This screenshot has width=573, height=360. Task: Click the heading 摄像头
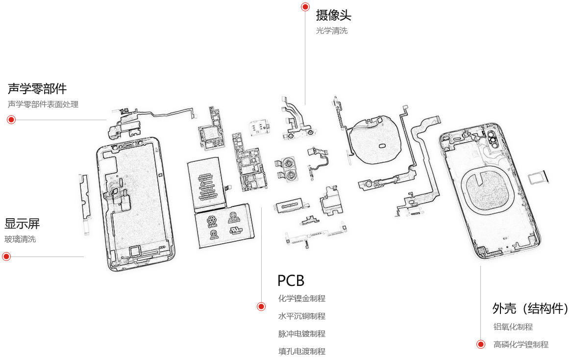pos(333,15)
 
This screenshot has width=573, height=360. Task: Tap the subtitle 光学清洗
pos(332,31)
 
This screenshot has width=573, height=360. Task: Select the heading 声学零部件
pos(37,89)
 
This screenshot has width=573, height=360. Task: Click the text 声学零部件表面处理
pos(43,104)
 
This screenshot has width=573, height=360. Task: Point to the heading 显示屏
pos(22,224)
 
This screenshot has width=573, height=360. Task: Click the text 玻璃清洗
pos(20,239)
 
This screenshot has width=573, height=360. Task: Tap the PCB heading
pos(291,281)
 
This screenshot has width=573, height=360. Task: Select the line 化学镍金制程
pos(301,299)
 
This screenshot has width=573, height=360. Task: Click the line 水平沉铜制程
pos(301,316)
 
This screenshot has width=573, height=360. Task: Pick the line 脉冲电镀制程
pos(301,334)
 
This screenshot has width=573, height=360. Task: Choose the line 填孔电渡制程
pos(301,352)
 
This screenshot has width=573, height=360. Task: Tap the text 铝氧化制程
pos(513,327)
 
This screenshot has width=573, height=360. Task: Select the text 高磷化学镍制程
pos(521,344)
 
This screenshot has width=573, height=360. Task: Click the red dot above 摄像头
pos(305,7)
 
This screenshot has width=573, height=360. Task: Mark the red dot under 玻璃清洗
pos(6,257)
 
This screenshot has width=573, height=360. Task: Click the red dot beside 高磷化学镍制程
pos(481,344)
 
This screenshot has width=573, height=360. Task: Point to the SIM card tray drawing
pos(538,178)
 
